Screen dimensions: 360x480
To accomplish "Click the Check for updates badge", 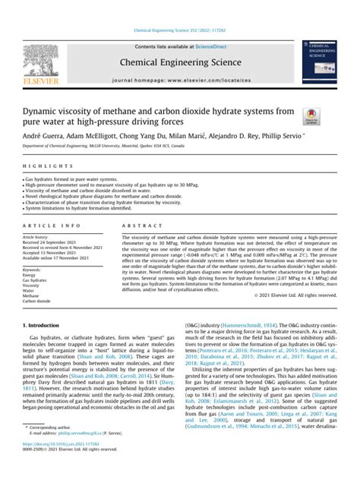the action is coord(310,115).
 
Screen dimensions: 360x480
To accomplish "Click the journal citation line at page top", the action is coord(180,31).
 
